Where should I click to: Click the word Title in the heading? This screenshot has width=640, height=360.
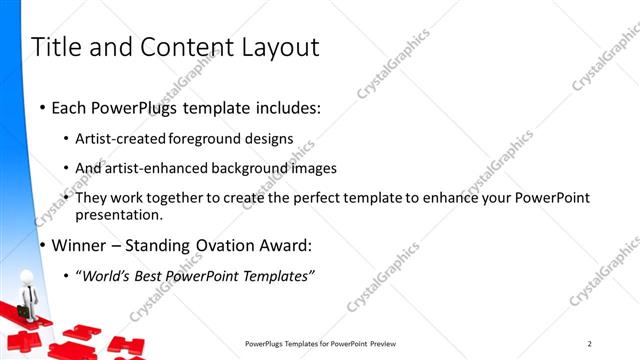[x=58, y=47]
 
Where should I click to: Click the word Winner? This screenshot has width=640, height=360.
[x=79, y=245]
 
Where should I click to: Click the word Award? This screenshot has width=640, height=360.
[x=287, y=245]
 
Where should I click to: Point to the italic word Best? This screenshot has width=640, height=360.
[x=151, y=275]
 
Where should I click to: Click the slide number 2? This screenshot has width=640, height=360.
[x=589, y=343]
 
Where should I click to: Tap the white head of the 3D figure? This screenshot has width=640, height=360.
[x=27, y=275]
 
